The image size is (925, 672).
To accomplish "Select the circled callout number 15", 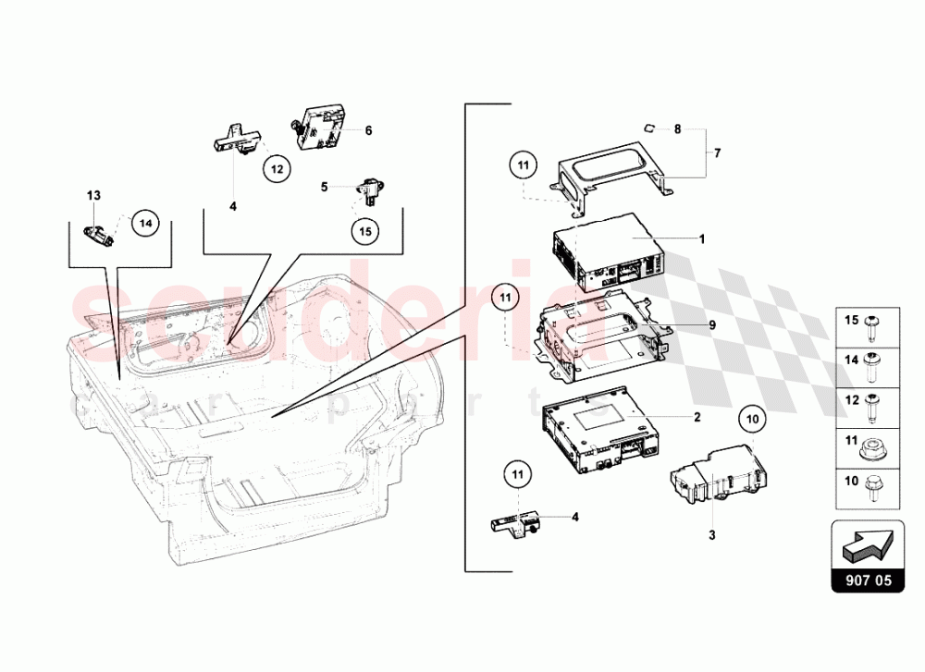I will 364,230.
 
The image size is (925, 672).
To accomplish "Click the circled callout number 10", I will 753,420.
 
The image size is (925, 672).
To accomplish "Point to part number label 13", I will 92,195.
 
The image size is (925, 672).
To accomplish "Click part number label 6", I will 367,131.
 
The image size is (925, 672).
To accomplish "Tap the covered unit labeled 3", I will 717,473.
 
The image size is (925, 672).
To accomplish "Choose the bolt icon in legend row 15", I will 872,323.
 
